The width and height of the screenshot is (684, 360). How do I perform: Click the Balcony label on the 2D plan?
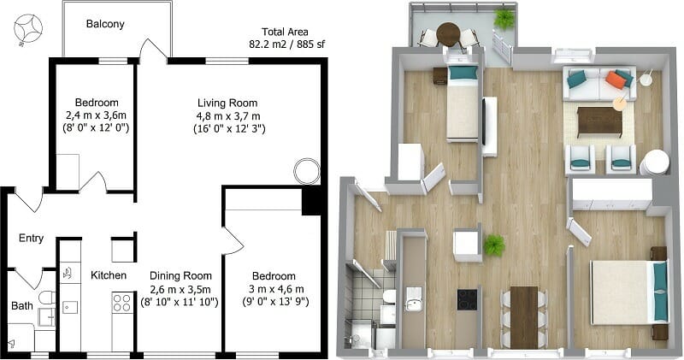click(x=105, y=24)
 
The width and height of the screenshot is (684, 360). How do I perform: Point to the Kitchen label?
click(x=109, y=275)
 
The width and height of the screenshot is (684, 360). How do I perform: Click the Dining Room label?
click(x=180, y=275)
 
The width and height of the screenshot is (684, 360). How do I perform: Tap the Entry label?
click(x=31, y=239)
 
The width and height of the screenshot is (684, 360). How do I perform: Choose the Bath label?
click(x=22, y=305)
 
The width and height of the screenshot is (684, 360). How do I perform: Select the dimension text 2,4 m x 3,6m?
click(x=96, y=115)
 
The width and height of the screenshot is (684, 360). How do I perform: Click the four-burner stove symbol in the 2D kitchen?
click(x=122, y=302)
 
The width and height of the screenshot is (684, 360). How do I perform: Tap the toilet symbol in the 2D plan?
click(x=47, y=298)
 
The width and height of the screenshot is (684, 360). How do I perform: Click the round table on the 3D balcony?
click(x=448, y=33)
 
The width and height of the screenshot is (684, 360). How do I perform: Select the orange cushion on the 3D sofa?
click(x=616, y=80)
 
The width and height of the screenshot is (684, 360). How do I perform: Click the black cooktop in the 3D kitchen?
click(x=468, y=299)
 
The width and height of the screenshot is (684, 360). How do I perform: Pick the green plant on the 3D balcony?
click(x=504, y=17)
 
